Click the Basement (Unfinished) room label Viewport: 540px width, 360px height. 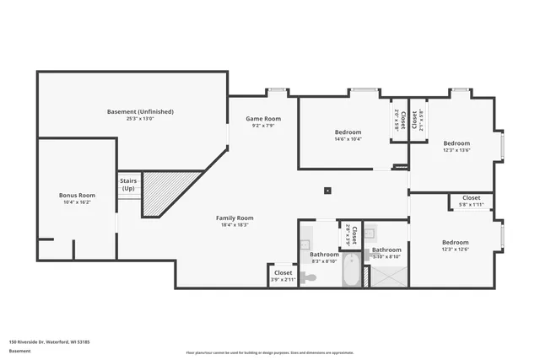point(140,111)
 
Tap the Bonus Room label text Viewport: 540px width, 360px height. point(76,195)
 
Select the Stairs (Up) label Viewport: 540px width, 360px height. point(128,184)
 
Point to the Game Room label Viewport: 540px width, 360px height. point(263,119)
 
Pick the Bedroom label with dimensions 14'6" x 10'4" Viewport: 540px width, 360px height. point(348,132)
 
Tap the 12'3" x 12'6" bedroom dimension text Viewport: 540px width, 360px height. point(456,249)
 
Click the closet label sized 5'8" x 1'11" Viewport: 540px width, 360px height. point(471,198)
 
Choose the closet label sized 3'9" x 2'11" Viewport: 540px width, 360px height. point(283,273)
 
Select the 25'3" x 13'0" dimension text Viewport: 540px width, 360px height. point(140,119)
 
